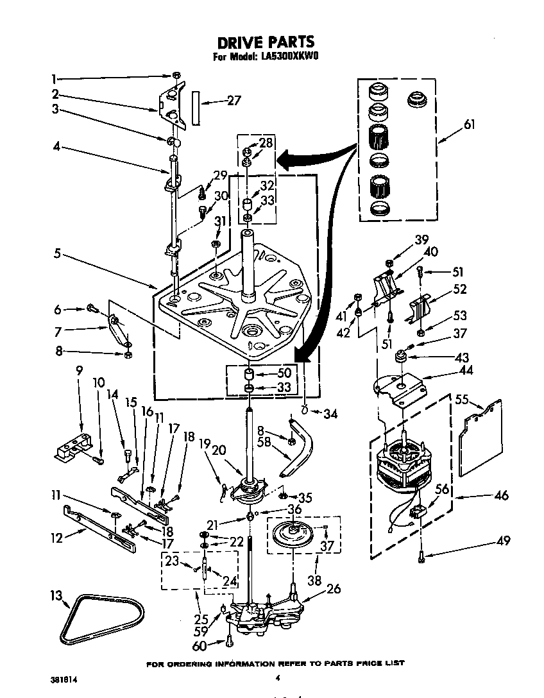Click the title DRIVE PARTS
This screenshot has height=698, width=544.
(x=266, y=42)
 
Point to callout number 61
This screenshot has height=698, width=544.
(x=470, y=124)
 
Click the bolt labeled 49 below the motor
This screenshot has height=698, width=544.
(x=421, y=558)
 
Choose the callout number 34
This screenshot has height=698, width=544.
(x=329, y=414)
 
